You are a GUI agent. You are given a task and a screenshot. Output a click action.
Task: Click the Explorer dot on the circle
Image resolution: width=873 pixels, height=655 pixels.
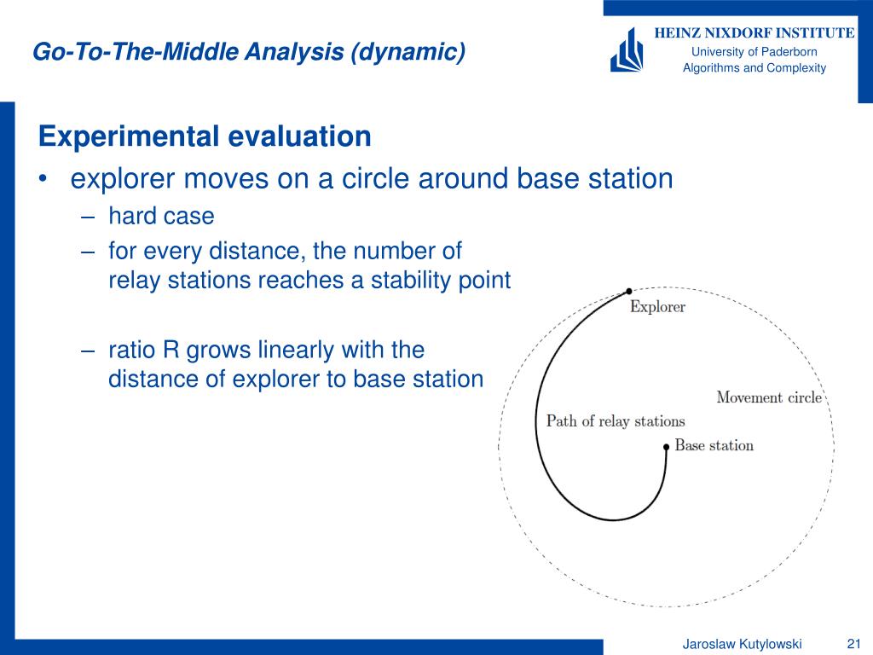pos(628,291)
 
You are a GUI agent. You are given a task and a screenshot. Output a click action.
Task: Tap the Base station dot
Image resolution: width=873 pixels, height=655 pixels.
pos(666,447)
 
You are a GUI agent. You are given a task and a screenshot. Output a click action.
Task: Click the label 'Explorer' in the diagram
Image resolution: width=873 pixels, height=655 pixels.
pos(657,307)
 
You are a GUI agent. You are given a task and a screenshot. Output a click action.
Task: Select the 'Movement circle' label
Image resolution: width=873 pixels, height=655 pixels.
pos(769,397)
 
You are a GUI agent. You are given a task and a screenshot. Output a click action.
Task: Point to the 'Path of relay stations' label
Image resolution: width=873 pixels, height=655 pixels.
pos(616,421)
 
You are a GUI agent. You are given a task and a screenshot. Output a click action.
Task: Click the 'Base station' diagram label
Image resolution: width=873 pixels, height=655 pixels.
pos(714,445)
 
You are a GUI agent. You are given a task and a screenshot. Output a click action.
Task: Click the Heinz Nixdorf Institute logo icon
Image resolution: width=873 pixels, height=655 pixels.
pos(627,50)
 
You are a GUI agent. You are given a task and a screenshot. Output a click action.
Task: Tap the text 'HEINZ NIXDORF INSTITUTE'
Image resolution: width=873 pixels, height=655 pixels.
pos(754,33)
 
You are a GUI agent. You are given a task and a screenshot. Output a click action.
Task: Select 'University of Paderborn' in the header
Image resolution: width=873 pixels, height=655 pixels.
pos(754,52)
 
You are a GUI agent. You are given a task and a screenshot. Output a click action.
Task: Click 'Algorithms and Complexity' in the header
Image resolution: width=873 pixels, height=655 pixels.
pos(754,68)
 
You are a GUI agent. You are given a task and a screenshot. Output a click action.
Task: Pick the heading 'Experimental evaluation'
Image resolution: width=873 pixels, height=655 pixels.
pos(205,136)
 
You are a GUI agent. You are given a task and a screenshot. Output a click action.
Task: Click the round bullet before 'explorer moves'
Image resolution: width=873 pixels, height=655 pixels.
pos(43,179)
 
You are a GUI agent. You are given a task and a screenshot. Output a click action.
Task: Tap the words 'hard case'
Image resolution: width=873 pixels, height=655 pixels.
pos(161,216)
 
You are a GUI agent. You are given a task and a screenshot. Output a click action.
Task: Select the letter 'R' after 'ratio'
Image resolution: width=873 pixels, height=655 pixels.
pos(171,351)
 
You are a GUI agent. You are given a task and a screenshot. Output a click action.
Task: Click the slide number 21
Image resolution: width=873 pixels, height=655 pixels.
pos(853,644)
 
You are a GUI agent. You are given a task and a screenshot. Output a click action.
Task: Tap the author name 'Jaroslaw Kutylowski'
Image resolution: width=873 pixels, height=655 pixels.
pos(743,645)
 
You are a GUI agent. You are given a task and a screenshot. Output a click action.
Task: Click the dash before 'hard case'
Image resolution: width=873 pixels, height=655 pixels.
pos(88,217)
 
